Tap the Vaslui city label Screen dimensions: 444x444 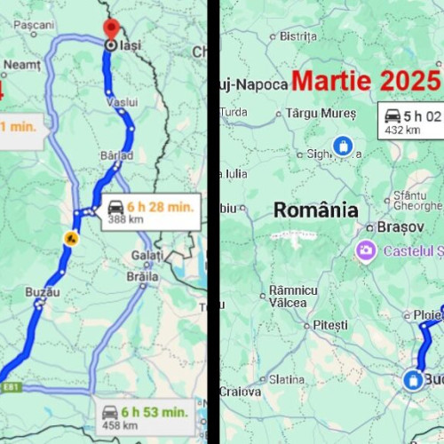[x=122, y=102]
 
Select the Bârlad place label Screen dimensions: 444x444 [x=116, y=155]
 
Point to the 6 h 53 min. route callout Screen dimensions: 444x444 [x=144, y=417]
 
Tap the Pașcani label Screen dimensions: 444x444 [x=35, y=26]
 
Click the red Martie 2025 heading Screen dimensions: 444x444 [x=365, y=81]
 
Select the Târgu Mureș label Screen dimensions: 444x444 [x=320, y=114]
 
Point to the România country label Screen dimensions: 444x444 [x=315, y=210]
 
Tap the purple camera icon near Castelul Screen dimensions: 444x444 [x=365, y=250]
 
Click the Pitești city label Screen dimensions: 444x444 [x=330, y=325]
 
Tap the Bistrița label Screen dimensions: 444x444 [x=298, y=36]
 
